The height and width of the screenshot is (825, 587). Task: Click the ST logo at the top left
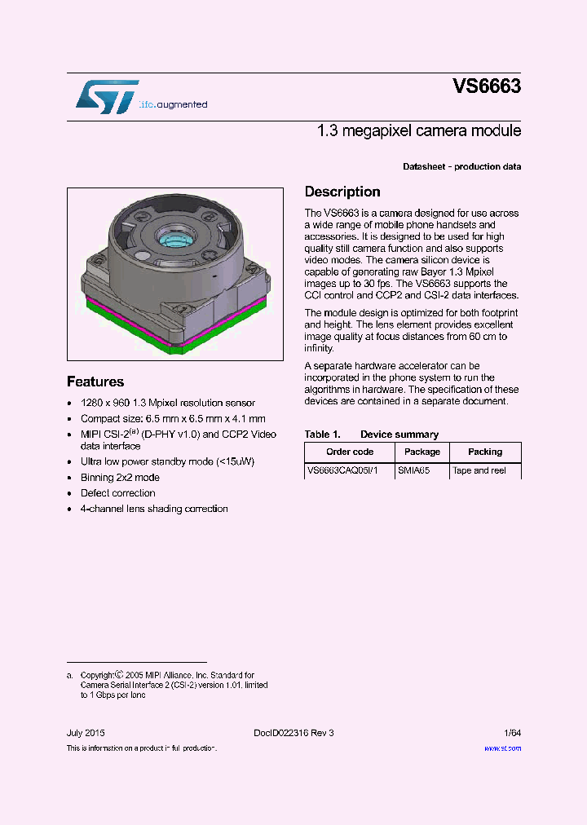coord(108,97)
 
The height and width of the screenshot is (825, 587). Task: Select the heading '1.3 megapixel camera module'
coord(419,131)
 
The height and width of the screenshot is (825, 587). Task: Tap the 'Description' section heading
coord(342,192)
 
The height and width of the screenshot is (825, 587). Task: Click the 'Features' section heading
coord(95,382)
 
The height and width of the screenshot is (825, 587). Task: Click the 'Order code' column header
coord(350,452)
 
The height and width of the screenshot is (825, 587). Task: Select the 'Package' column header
coord(421,452)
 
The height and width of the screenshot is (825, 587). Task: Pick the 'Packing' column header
coord(485,452)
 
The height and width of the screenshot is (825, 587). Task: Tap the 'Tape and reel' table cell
coord(479,471)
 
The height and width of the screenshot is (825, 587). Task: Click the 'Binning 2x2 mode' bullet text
coord(120,478)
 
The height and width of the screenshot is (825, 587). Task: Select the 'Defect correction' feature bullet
coord(117,493)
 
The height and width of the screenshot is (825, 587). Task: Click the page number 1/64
coord(512,733)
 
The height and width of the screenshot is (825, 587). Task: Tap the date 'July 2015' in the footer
coord(86,733)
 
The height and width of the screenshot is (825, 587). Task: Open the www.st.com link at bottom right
coord(502,748)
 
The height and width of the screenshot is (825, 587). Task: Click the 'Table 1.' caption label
coord(322,435)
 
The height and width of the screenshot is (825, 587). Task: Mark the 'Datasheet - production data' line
coord(461,167)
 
